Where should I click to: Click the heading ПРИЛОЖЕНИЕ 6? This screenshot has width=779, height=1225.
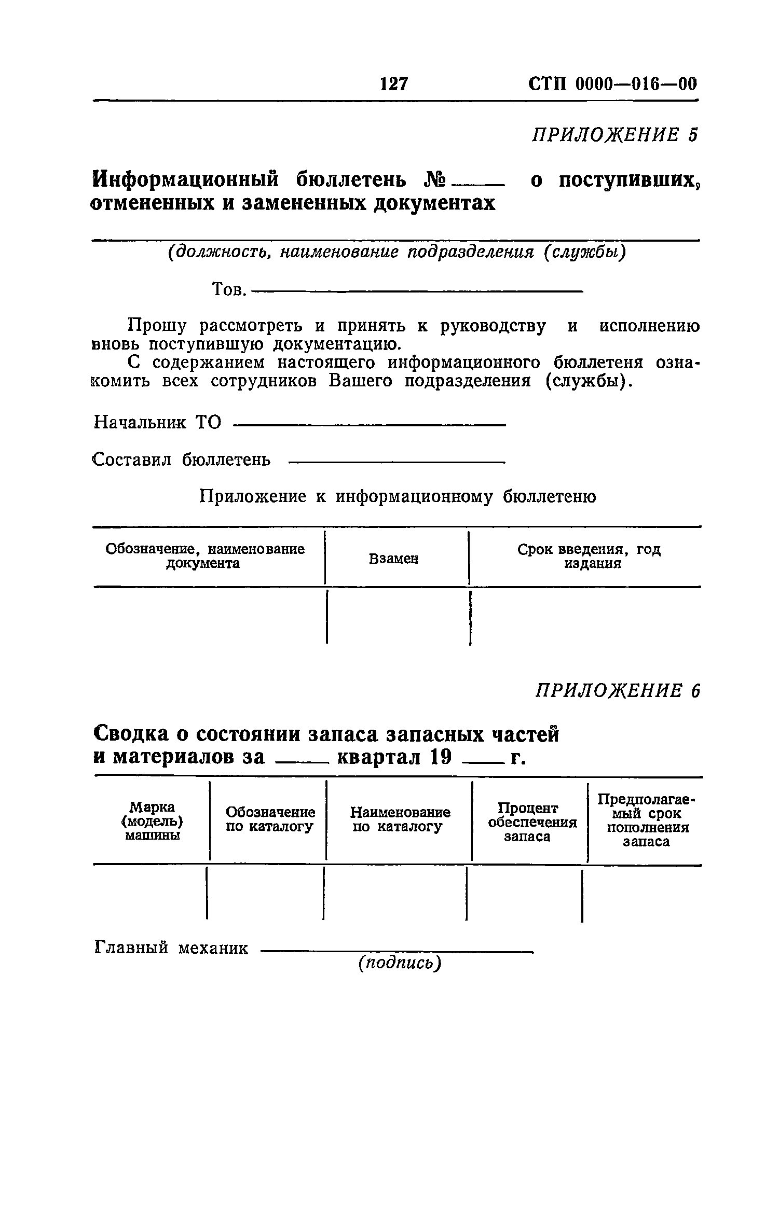point(618,691)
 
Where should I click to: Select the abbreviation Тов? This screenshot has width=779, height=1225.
point(229,289)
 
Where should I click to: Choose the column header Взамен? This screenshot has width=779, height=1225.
point(393,559)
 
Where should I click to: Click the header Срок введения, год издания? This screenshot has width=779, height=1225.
point(589,556)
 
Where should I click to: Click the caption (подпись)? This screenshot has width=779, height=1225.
point(400,963)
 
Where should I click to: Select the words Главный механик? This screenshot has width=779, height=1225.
point(172,948)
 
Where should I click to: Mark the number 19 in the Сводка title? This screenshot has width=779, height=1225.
point(442,758)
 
